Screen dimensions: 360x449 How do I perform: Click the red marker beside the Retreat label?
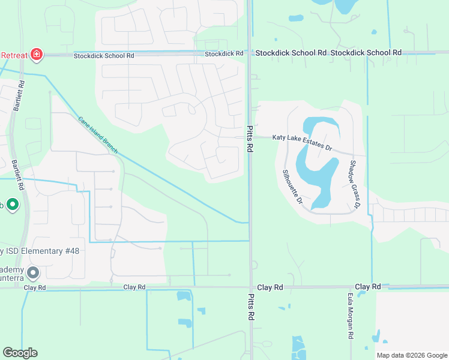click(x=37, y=55)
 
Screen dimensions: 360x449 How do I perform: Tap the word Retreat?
click(x=14, y=55)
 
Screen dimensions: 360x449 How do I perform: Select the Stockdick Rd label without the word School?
click(x=223, y=53)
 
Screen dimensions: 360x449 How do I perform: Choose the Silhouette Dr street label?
click(x=292, y=187)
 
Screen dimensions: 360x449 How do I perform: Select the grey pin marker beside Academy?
click(x=33, y=273)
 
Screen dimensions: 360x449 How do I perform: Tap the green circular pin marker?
click(x=13, y=205)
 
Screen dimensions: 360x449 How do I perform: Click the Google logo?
click(x=20, y=353)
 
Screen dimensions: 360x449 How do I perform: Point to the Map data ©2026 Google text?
click(x=412, y=355)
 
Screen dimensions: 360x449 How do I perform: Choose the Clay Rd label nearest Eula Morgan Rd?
click(x=367, y=287)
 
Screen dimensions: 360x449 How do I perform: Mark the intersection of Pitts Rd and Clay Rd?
click(x=251, y=287)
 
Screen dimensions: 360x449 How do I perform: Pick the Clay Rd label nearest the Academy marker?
click(x=35, y=287)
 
